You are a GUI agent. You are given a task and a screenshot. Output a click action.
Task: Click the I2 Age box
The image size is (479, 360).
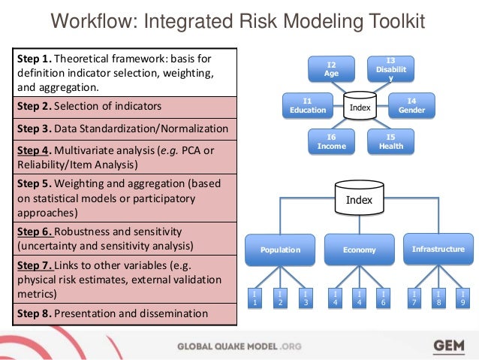[x=331, y=69]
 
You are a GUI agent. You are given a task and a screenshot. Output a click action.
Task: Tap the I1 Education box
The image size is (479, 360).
[x=308, y=105]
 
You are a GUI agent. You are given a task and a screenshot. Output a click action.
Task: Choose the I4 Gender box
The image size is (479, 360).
[x=411, y=105]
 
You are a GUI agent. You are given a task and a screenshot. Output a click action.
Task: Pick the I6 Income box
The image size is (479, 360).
[x=331, y=141]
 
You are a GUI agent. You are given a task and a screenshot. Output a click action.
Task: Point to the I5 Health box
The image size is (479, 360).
[x=390, y=141]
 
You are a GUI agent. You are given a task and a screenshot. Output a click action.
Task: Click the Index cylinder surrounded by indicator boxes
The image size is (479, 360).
[x=360, y=107]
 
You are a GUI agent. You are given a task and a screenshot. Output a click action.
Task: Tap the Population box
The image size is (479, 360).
[x=280, y=250]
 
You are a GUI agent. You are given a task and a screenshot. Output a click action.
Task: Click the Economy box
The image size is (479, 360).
[x=359, y=250]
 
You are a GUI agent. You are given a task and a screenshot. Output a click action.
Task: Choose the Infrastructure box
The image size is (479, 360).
[x=438, y=250]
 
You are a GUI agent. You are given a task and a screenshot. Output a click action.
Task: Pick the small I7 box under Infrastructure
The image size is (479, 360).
[x=412, y=298]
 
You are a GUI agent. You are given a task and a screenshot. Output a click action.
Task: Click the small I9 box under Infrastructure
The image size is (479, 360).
[x=464, y=298]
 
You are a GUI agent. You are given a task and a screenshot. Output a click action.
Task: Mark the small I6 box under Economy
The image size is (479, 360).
[x=383, y=298]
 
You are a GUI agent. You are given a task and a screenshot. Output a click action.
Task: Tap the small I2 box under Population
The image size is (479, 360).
[x=279, y=298]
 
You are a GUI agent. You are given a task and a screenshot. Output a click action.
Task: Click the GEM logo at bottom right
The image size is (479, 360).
[x=448, y=346]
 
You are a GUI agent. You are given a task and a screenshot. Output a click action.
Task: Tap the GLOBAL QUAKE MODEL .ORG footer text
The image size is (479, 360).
[x=239, y=347]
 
